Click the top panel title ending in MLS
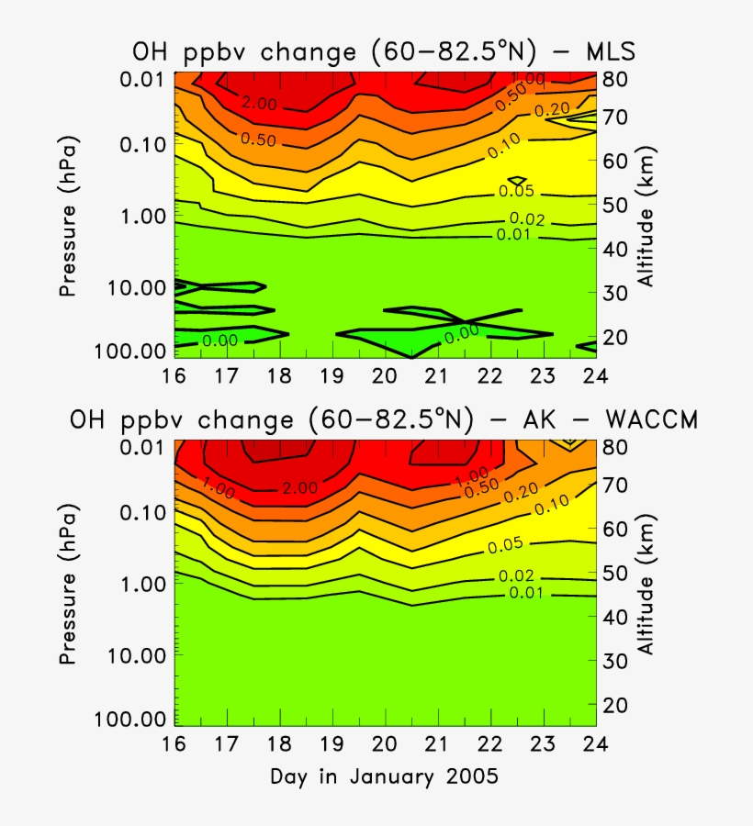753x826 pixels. [381, 53]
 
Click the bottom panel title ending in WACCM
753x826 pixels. [384, 419]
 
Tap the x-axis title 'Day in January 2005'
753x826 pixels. [384, 776]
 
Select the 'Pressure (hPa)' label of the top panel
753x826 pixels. [67, 217]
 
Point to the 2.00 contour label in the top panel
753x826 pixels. [258, 104]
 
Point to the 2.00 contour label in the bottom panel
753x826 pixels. [300, 488]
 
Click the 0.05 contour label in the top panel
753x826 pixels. [516, 192]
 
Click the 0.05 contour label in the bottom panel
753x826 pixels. [505, 545]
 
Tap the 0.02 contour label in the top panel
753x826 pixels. [527, 219]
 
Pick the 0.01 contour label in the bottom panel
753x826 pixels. [527, 592]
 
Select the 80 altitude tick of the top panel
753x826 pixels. [615, 79]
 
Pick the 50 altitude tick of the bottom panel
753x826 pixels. [615, 573]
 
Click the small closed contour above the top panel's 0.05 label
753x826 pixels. [517, 180]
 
